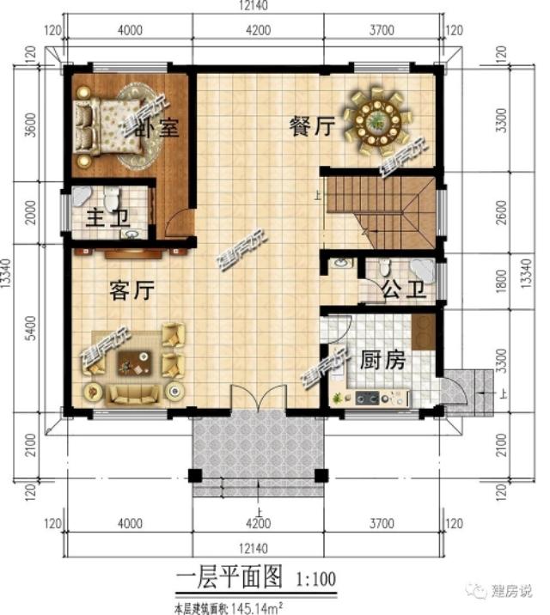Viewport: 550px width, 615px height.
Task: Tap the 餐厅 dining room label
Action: tap(310, 127)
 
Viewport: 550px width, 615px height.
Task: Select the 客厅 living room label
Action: tap(131, 292)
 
